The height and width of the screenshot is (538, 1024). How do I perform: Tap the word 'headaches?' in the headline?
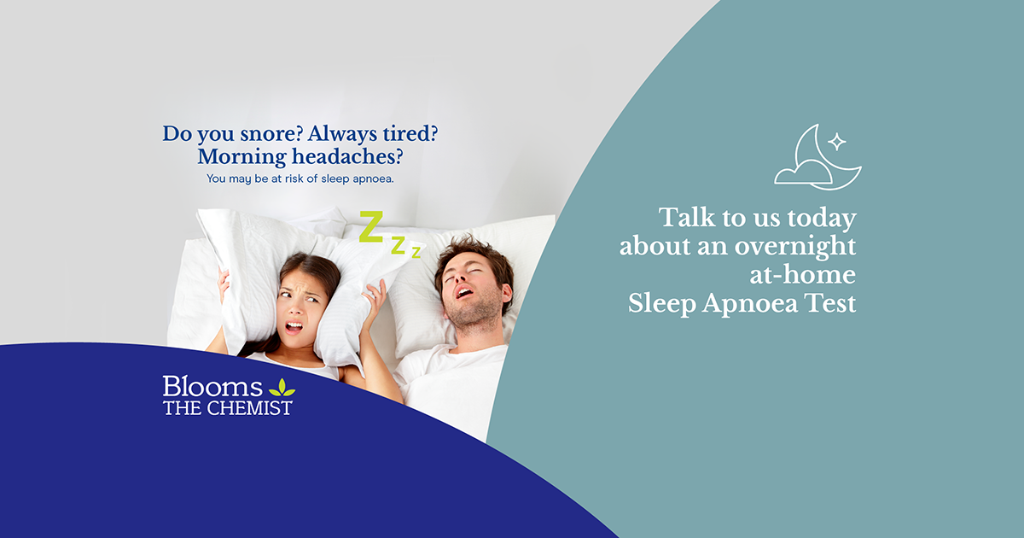pos(347,156)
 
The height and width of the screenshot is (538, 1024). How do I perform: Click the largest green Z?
pos(370,226)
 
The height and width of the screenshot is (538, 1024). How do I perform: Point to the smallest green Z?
pos(416,252)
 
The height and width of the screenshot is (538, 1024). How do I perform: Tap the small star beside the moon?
pos(837,142)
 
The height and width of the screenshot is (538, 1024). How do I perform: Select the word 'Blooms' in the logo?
pos(212,387)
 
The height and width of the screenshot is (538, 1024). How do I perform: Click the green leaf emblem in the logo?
pos(282,388)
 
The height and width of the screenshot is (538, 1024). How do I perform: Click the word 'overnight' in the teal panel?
pos(795,247)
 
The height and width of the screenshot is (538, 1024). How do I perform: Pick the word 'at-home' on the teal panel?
pos(803,275)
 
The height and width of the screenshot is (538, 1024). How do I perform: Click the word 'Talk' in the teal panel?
pos(687,217)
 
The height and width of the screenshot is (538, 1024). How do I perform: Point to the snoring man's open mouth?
pos(464,291)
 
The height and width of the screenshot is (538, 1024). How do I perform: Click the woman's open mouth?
pos(294,326)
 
